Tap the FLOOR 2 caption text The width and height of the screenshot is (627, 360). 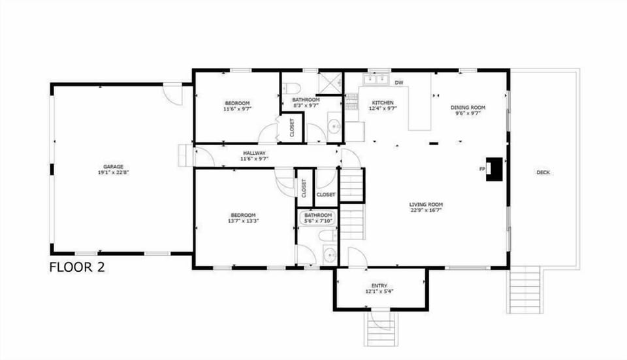pyautogui.click(x=77, y=267)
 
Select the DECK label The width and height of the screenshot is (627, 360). pyautogui.click(x=543, y=172)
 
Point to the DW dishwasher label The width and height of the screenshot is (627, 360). pyautogui.click(x=398, y=82)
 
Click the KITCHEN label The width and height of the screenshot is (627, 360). pyautogui.click(x=383, y=103)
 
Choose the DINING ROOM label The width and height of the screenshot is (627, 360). pyautogui.click(x=468, y=107)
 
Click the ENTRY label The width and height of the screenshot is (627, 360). pyautogui.click(x=379, y=286)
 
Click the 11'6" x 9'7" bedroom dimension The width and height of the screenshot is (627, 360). pyautogui.click(x=237, y=109)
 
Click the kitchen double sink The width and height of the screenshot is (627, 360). pyautogui.click(x=376, y=79)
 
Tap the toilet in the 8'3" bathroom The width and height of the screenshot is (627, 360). pyautogui.click(x=292, y=87)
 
